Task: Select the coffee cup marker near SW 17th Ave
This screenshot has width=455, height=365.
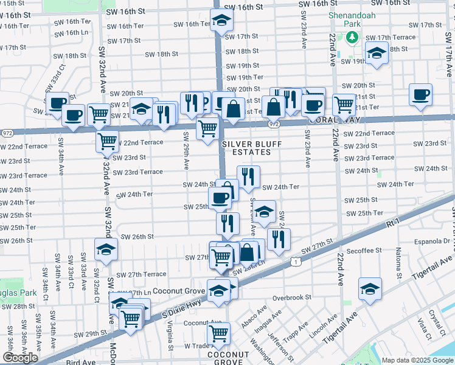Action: [x=420, y=95]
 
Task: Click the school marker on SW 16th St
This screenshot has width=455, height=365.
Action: [x=222, y=20]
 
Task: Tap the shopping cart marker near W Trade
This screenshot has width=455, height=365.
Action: [x=218, y=333]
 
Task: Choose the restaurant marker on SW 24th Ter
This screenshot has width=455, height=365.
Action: [x=248, y=176]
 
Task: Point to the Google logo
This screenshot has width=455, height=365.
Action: [x=20, y=358]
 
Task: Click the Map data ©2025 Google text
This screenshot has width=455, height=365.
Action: [x=417, y=360]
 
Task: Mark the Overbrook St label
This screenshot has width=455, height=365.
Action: [x=291, y=297]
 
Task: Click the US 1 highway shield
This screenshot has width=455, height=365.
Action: [x=295, y=261]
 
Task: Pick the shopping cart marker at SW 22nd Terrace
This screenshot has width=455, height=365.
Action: [x=108, y=141]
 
